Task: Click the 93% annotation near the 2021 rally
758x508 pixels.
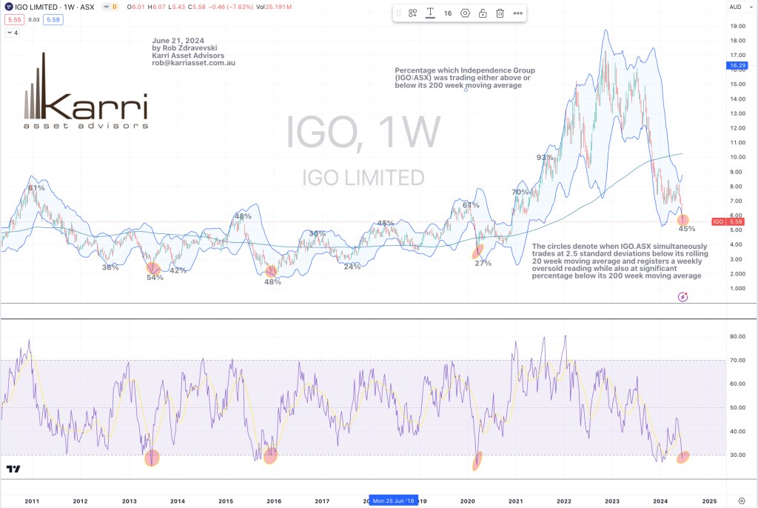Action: [545, 158]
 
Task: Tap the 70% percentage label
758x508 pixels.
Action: [520, 193]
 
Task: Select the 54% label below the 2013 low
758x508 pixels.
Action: [155, 278]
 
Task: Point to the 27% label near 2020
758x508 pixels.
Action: [483, 263]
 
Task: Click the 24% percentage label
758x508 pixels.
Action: [352, 267]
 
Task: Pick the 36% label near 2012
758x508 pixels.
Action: [110, 267]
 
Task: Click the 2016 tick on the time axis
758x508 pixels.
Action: [274, 501]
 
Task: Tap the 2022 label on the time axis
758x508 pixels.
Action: [564, 501]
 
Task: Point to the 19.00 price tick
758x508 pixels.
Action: [737, 26]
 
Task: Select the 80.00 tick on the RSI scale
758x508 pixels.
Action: [737, 336]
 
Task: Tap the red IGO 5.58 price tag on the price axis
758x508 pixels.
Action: [729, 221]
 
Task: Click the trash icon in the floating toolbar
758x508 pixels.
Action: [500, 13]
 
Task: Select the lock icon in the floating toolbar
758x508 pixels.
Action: [483, 13]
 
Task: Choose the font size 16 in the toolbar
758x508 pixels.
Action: [448, 13]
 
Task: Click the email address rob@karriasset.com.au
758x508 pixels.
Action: [193, 63]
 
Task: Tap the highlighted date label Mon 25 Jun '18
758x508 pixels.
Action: [395, 501]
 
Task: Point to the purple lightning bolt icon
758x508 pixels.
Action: [682, 297]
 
